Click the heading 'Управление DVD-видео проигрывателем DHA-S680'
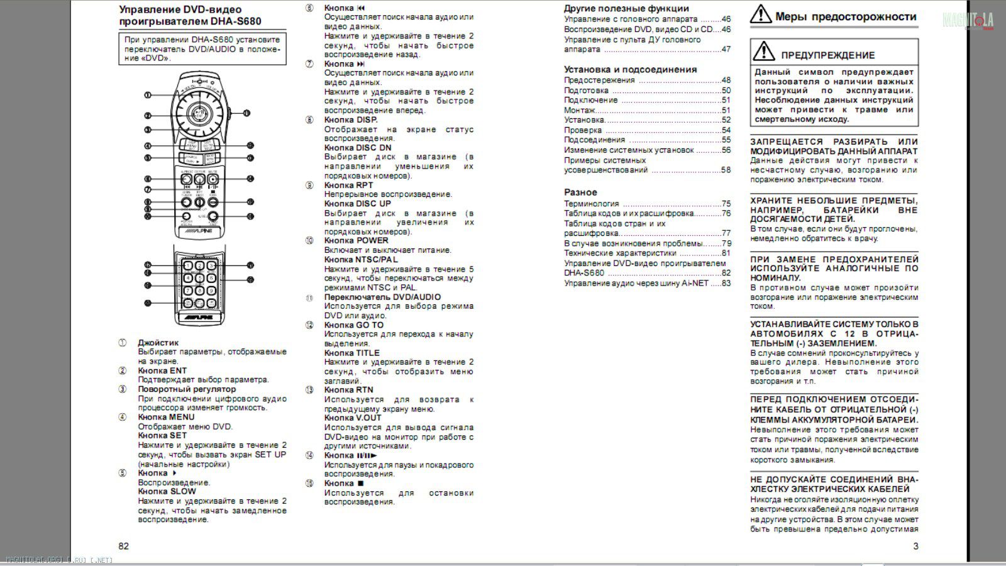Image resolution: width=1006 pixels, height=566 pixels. pyautogui.click(x=190, y=16)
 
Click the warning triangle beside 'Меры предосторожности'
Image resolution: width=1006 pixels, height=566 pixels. pyautogui.click(x=761, y=15)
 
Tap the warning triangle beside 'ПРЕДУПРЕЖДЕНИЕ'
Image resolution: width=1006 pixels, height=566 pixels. pyautogui.click(x=764, y=51)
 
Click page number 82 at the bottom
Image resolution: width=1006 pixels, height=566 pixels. pyautogui.click(x=123, y=546)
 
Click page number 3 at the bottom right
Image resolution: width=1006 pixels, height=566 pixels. pyautogui.click(x=915, y=546)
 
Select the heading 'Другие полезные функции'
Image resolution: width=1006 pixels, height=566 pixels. pyautogui.click(x=626, y=9)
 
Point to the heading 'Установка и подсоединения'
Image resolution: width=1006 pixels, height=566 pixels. pyautogui.click(x=630, y=69)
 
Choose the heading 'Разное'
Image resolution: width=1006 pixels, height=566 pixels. pyautogui.click(x=580, y=192)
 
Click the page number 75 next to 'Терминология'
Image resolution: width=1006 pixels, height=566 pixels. pyautogui.click(x=726, y=204)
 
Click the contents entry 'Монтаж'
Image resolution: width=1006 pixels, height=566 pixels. pyautogui.click(x=579, y=110)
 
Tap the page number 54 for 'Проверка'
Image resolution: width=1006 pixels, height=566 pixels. pyautogui.click(x=726, y=130)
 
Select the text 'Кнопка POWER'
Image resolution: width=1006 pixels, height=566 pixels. pyautogui.click(x=356, y=240)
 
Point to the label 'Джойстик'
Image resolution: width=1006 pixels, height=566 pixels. pyautogui.click(x=158, y=343)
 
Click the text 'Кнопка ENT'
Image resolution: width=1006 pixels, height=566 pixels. pyautogui.click(x=162, y=370)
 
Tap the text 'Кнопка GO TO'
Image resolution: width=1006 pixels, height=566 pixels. pyautogui.click(x=353, y=325)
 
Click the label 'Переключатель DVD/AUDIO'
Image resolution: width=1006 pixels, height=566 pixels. pyautogui.click(x=382, y=297)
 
